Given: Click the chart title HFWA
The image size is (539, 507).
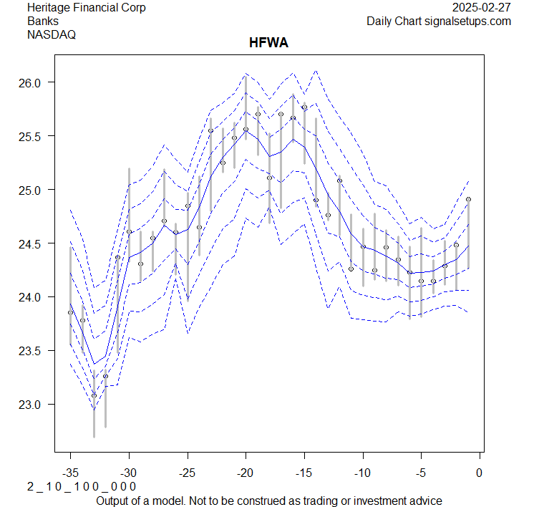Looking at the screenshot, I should tap(268, 44).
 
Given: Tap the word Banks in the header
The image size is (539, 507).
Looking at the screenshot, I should tap(43, 21).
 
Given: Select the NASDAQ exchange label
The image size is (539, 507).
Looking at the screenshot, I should tap(52, 34).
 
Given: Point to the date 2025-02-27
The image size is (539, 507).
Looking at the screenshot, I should tap(482, 8).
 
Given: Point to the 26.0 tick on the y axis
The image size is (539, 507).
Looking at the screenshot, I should tap(34, 82).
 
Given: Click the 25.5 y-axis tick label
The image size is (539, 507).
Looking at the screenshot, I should tap(34, 136).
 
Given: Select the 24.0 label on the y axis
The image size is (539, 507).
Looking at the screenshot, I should tap(34, 297).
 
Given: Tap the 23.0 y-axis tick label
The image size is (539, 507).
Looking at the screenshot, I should tap(34, 405).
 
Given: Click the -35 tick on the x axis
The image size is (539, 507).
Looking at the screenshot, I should tap(70, 472).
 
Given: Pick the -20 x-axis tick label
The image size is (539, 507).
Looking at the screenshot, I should tap(246, 472).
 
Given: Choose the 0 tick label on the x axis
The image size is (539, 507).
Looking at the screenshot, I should tap(480, 472).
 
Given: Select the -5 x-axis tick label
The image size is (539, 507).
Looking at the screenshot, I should tap(421, 472).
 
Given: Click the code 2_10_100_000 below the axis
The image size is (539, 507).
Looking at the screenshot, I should tap(82, 487).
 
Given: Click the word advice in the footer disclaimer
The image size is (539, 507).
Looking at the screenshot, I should tap(425, 501).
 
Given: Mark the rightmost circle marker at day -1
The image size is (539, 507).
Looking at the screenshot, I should tap(468, 199).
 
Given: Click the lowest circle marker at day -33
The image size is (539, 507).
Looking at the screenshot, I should tap(94, 395).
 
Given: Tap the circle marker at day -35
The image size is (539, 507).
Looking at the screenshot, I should tap(70, 312).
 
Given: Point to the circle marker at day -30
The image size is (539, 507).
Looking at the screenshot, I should tap(129, 232).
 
